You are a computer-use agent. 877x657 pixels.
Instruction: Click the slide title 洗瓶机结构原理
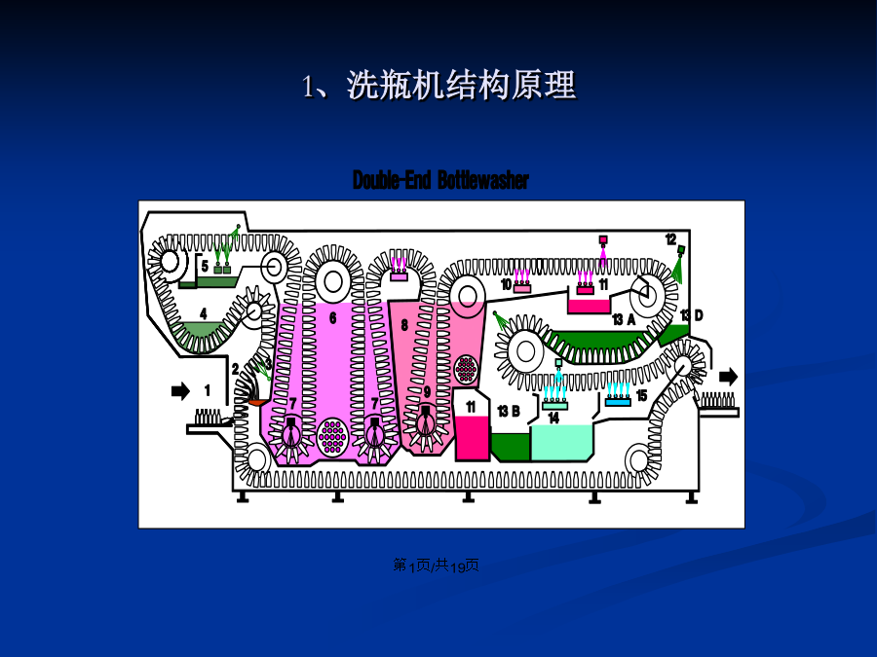point(462,86)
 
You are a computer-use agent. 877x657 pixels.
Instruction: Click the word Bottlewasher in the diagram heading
point(483,180)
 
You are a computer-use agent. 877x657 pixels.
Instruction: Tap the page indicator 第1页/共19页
point(436,566)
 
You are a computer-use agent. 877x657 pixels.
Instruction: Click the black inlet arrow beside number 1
point(180,391)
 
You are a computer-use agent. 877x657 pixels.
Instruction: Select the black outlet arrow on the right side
point(728,377)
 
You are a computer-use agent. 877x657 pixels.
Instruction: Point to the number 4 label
point(204,314)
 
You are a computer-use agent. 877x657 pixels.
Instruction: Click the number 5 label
point(206,267)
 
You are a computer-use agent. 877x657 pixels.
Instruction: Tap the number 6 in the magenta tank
point(333,318)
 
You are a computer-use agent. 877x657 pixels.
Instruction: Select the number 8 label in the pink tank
point(404,325)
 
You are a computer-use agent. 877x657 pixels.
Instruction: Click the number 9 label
point(428,392)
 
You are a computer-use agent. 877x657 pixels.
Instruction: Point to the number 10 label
point(506,285)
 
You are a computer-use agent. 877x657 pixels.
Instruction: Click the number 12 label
point(670,239)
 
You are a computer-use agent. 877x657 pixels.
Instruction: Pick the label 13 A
point(624,319)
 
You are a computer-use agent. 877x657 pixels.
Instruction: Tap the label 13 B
point(509,412)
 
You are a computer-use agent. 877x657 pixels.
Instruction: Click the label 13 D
point(691,315)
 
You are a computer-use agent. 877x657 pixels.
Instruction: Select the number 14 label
point(553,418)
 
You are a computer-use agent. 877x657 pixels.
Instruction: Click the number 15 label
point(641,396)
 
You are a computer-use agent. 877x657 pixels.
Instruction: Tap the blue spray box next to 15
point(618,401)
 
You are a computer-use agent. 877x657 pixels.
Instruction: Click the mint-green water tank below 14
point(561,443)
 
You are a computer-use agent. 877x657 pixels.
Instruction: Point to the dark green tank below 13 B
point(511,448)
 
